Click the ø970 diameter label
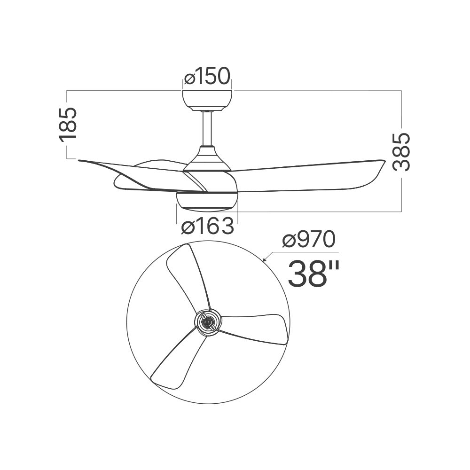coord(309,240)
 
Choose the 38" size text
coord(313,274)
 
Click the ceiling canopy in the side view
coord(207,101)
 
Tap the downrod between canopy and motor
coord(207,128)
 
